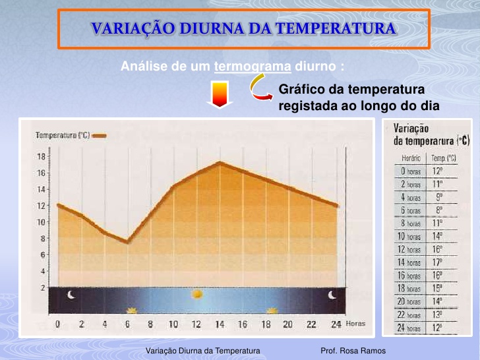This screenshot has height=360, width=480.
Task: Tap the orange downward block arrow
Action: [x=218, y=94]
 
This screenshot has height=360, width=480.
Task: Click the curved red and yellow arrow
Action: [x=260, y=88]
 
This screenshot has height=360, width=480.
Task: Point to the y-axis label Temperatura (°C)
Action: [x=63, y=135]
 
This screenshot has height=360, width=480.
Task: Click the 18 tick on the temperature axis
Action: [x=41, y=157]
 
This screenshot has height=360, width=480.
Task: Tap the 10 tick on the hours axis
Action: [x=173, y=324]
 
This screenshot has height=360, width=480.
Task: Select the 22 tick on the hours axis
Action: [x=311, y=324]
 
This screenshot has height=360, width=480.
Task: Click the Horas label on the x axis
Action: [x=355, y=324]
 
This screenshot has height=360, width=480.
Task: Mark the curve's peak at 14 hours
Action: [x=219, y=162]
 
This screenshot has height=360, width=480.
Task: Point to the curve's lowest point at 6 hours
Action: [x=127, y=242]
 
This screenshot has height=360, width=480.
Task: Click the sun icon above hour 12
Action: [x=196, y=293]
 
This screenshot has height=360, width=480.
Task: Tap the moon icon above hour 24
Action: [x=334, y=295]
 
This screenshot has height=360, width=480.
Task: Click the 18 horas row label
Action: [x=411, y=288]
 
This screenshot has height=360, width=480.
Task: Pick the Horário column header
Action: [x=411, y=158]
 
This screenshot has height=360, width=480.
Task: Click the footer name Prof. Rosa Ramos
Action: [x=353, y=351]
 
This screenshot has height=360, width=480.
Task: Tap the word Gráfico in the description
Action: [x=301, y=90]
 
